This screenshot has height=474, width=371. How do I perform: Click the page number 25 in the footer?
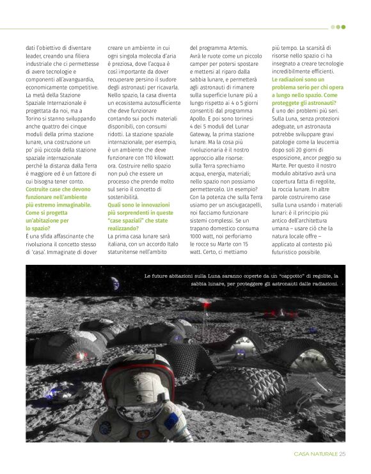coord(342,454)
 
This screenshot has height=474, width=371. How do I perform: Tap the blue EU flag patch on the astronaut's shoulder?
coord(171,422)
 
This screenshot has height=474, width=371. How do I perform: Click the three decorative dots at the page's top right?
coord(338,27)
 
